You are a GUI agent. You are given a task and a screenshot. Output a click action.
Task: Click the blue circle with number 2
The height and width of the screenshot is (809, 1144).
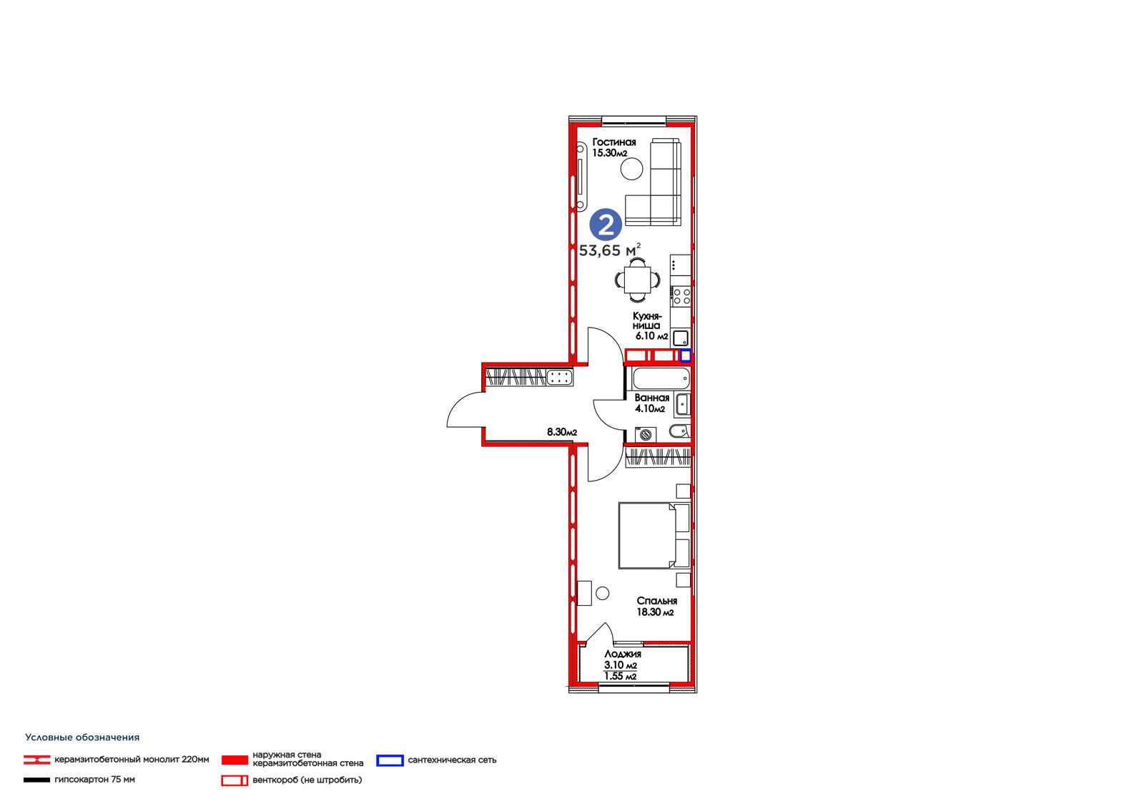pyautogui.click(x=606, y=225)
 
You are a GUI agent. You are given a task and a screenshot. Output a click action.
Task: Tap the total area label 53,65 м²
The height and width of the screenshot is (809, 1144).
pyautogui.click(x=610, y=250)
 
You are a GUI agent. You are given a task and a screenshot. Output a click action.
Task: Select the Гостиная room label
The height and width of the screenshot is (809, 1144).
pyautogui.click(x=614, y=142)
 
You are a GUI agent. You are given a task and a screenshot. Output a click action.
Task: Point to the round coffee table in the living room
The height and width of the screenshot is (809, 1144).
pyautogui.click(x=632, y=169)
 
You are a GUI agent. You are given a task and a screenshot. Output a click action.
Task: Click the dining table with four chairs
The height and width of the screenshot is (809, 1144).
pyautogui.click(x=637, y=280)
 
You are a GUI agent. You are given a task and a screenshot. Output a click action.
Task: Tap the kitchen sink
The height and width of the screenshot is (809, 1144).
pyautogui.click(x=680, y=338)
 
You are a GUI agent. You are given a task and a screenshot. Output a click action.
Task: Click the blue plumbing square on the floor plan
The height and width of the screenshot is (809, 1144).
pyautogui.click(x=686, y=356)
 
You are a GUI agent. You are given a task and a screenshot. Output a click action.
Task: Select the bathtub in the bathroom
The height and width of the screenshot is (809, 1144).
pyautogui.click(x=661, y=378)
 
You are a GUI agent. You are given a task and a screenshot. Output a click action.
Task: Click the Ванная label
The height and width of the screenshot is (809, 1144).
pyautogui.click(x=651, y=398)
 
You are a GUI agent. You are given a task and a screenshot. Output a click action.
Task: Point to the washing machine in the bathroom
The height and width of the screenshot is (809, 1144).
pyautogui.click(x=646, y=434)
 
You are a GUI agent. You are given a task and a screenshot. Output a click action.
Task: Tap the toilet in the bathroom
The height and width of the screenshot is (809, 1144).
pyautogui.click(x=680, y=431)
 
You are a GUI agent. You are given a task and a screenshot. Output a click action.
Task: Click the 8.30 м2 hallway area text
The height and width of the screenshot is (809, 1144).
pyautogui.click(x=562, y=432)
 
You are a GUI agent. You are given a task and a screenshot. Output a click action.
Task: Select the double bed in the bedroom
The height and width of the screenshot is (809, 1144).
pyautogui.click(x=654, y=535)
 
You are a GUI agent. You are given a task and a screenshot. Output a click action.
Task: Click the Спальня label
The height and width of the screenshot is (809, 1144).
pyautogui.click(x=657, y=601)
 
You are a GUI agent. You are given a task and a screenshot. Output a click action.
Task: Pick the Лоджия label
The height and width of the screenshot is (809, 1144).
pyautogui.click(x=623, y=654)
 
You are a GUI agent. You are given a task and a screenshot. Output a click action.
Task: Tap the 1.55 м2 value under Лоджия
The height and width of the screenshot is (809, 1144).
pyautogui.click(x=620, y=676)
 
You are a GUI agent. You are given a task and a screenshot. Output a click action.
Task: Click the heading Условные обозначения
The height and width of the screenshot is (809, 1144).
pyautogui.click(x=82, y=737)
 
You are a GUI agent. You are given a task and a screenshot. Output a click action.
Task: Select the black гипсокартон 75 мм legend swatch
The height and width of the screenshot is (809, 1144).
pyautogui.click(x=36, y=780)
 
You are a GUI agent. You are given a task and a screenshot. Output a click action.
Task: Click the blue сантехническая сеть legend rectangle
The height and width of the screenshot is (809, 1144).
pyautogui.click(x=390, y=760)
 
